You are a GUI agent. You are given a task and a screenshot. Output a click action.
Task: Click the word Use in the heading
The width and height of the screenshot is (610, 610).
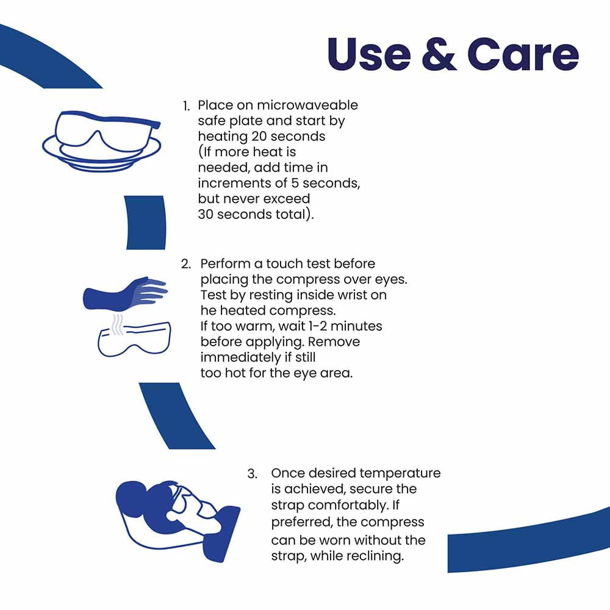369,54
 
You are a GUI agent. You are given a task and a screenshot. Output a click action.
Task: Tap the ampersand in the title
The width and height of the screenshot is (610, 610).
439,54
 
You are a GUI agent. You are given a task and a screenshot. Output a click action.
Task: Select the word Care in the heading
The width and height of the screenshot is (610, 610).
523,54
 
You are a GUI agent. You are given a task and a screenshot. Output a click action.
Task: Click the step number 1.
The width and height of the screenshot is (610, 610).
186,106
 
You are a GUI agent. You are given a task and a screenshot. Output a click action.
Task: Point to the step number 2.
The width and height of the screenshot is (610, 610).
186,264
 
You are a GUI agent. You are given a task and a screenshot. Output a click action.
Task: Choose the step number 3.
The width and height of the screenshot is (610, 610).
252,474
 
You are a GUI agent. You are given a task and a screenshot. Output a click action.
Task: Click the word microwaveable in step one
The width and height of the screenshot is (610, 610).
307,105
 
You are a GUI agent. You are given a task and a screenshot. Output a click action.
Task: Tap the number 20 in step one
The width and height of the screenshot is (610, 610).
259,137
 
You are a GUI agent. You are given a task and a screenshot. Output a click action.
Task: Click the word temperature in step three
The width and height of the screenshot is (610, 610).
400,473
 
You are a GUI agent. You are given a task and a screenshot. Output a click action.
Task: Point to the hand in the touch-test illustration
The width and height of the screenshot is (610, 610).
125,293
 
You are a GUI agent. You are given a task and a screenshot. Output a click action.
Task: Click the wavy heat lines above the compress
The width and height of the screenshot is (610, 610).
118,325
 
